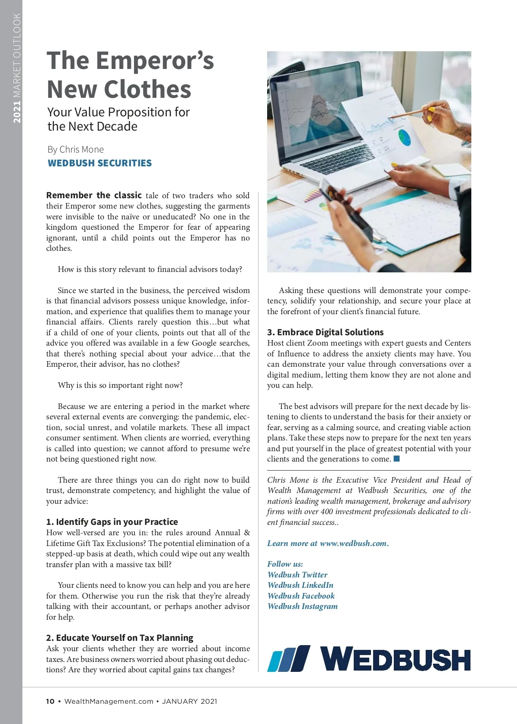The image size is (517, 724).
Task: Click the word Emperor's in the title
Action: [155, 60]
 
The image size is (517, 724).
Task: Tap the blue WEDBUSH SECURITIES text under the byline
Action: [100, 163]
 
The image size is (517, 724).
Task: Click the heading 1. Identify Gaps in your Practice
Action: [112, 522]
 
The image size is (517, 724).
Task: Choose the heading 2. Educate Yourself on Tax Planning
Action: [120, 638]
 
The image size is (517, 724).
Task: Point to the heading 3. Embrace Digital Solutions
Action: [325, 332]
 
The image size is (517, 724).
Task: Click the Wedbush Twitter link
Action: [297, 575]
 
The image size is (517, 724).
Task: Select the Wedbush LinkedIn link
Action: [300, 585]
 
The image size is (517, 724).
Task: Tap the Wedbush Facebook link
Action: [301, 596]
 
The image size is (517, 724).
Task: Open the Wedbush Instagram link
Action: [302, 606]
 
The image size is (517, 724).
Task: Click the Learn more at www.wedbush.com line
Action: [328, 543]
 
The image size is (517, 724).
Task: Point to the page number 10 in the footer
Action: [50, 701]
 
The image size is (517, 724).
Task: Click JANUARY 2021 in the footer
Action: [190, 701]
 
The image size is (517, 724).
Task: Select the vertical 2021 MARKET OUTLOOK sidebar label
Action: [17, 68]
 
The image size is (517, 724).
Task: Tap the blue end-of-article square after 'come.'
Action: [397, 459]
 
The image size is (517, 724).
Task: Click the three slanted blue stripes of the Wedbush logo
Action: [288, 658]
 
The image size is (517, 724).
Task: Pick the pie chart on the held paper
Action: [404, 137]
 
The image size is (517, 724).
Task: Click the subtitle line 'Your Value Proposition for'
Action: [118, 112]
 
